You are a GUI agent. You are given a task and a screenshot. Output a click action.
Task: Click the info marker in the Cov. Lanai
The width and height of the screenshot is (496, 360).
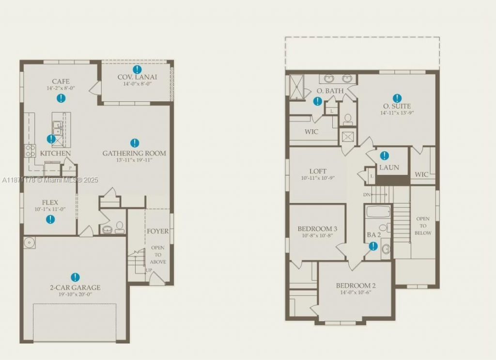point(138,70)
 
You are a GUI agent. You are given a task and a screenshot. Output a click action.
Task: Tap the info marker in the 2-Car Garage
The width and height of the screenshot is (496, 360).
point(75,277)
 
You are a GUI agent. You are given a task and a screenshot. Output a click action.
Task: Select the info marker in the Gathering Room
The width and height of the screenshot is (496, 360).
point(135,143)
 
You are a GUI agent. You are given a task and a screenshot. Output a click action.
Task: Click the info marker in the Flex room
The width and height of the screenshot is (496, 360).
point(50,219)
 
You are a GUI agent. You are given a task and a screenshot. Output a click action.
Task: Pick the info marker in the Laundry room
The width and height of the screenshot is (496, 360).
point(384,156)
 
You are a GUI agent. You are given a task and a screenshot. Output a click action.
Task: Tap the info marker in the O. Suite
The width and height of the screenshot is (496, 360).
point(397,98)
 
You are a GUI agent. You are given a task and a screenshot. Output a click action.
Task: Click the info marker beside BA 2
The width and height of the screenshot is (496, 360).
point(373,246)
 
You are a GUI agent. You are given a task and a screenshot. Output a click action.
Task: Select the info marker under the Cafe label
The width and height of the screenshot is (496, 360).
point(61,98)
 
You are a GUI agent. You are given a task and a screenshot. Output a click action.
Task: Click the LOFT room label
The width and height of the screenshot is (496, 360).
point(318,171)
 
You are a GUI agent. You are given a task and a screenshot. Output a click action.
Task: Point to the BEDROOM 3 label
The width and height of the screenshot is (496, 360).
point(317,229)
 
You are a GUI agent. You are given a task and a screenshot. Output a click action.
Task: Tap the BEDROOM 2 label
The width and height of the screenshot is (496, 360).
point(356,285)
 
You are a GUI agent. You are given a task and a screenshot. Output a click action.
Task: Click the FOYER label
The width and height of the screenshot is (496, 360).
point(158,231)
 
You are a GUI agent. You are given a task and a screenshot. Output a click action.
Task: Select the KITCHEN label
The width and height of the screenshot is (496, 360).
point(55,154)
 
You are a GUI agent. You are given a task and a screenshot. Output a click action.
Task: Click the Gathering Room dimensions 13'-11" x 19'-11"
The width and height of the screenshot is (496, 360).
point(134,160)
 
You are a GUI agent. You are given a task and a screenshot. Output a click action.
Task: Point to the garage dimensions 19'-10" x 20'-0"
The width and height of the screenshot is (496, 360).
point(75,294)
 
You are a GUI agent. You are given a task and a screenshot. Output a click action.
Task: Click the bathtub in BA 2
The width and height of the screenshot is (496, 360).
point(377,212)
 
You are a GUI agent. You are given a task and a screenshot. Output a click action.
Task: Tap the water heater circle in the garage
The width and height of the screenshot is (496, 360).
point(30,242)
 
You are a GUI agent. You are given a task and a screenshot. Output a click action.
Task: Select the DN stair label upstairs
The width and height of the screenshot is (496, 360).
point(367,195)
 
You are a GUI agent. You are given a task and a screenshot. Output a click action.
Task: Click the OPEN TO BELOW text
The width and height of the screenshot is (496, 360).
point(423,226)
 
